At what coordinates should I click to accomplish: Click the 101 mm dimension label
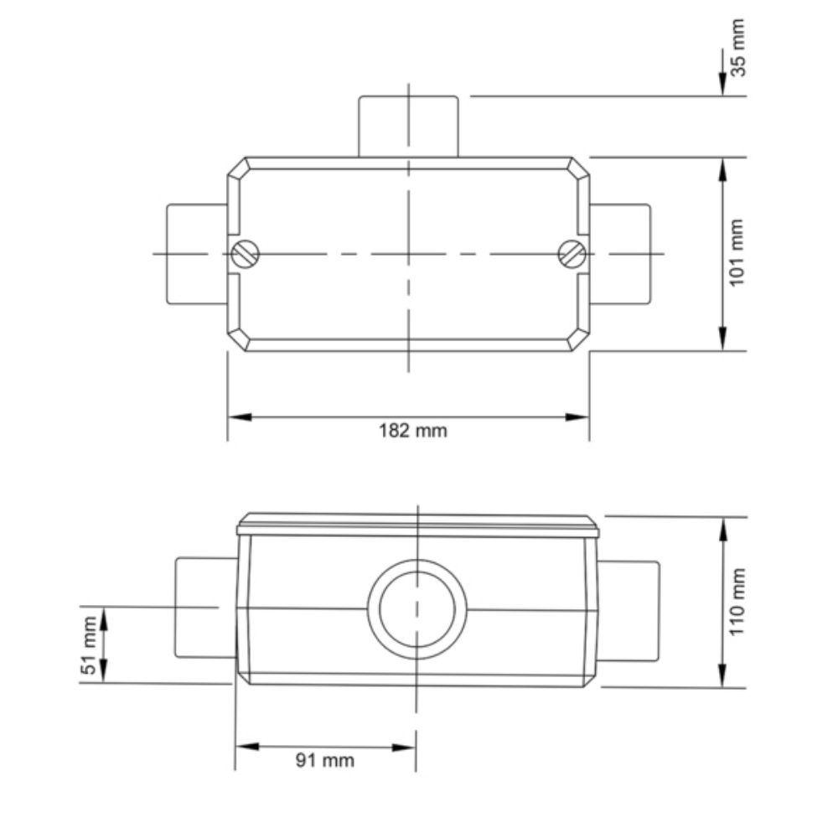[738, 253]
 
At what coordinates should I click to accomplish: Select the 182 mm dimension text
[408, 431]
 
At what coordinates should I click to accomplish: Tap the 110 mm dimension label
[738, 602]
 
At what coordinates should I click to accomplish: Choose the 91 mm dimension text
[325, 760]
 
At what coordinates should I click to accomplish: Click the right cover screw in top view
[572, 254]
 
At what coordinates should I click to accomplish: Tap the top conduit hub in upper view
[408, 126]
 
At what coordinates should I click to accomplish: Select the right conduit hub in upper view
[620, 253]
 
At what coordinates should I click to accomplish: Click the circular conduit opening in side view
[416, 608]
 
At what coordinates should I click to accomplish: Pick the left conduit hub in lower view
[204, 608]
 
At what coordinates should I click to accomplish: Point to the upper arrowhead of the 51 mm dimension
[104, 616]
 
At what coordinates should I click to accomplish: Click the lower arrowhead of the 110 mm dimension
[722, 677]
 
